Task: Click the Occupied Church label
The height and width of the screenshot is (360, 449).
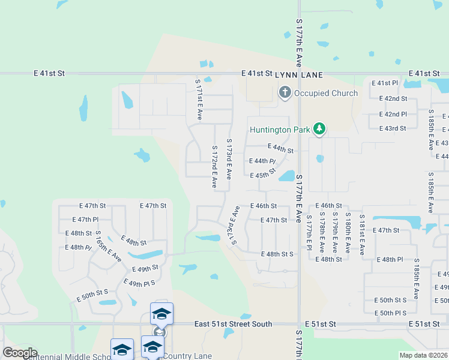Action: (x=327, y=93)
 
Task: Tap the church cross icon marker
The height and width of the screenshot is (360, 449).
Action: (x=285, y=93)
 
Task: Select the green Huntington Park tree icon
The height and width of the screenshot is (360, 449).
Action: (x=320, y=128)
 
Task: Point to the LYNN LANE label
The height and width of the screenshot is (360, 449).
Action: (x=299, y=74)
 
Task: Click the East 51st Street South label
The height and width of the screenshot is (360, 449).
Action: (x=233, y=324)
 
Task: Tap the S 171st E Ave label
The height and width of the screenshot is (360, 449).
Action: (x=198, y=98)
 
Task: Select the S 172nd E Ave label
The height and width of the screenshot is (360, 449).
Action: (x=214, y=167)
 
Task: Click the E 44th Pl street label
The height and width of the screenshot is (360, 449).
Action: (x=262, y=161)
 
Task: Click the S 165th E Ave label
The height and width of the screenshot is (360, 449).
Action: (x=108, y=246)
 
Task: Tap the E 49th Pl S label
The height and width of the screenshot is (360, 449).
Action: (x=139, y=282)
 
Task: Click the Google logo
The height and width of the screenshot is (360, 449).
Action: (x=19, y=353)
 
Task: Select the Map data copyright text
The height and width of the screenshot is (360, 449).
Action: (x=424, y=355)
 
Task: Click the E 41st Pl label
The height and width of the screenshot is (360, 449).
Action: (x=385, y=83)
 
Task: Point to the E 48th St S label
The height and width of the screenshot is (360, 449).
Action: (x=277, y=254)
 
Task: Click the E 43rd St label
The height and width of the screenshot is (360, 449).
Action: (x=393, y=128)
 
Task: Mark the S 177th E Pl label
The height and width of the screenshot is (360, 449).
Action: (x=309, y=233)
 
